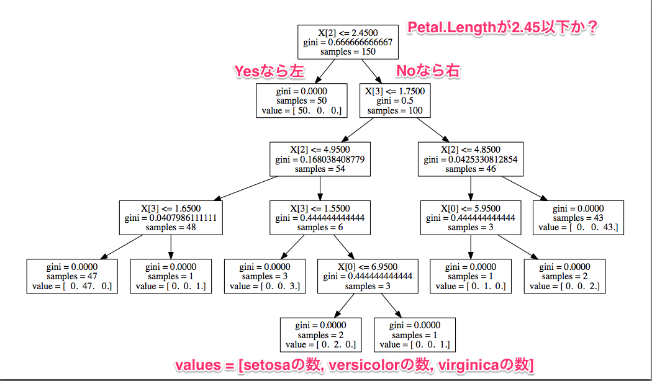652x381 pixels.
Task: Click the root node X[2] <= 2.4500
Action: (x=348, y=42)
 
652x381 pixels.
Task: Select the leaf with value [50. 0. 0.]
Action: (x=301, y=101)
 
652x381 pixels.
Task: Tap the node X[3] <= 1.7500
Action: (x=395, y=101)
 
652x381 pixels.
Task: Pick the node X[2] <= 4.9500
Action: (x=320, y=159)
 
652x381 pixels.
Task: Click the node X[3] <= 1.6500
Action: (x=171, y=218)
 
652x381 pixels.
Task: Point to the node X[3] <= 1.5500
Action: (x=320, y=218)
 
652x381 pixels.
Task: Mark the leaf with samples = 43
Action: (x=578, y=218)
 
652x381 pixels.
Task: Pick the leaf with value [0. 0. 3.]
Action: (x=265, y=276)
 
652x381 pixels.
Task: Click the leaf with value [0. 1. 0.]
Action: (x=471, y=276)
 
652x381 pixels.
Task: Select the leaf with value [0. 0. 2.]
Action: (x=565, y=276)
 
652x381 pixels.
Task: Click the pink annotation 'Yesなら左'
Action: (x=269, y=71)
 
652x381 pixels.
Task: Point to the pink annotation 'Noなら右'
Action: (x=428, y=71)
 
